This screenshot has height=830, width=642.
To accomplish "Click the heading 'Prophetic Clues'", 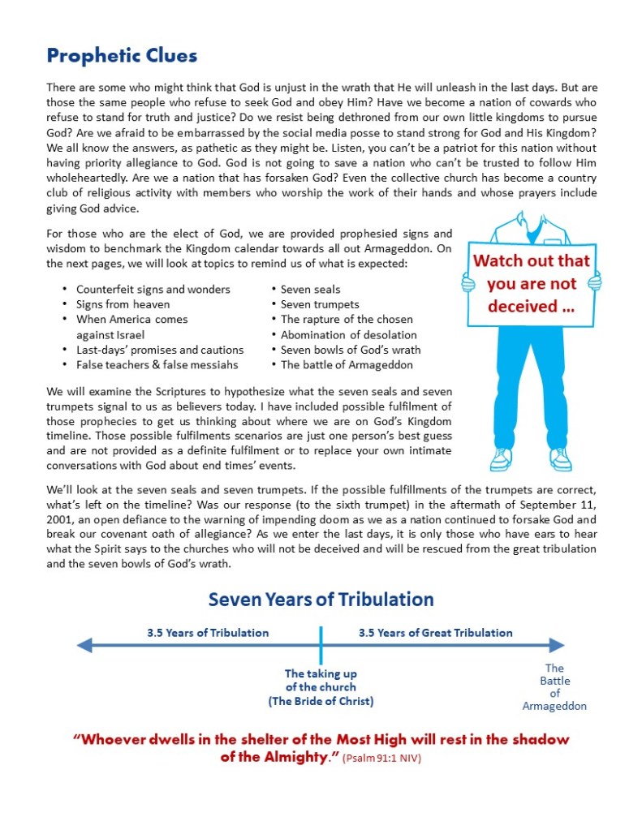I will coord(122,56).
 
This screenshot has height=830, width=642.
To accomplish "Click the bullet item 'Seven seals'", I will coord(310,290).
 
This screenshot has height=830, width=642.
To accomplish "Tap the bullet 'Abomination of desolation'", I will coord(348,334).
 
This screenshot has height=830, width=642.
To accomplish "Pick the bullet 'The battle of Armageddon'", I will coord(347,364).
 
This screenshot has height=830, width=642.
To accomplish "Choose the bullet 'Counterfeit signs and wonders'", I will coord(153,290).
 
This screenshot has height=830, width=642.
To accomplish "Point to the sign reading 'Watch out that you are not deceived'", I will coord(532,284).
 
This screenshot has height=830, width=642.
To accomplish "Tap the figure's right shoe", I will coord(560,459).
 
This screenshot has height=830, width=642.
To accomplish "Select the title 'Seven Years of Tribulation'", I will coord(321,600).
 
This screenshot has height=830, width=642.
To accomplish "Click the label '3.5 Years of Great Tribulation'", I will coord(436,633).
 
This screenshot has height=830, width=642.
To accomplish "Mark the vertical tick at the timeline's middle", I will coord(321,646).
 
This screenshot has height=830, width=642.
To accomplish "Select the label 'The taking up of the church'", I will coord(321,686).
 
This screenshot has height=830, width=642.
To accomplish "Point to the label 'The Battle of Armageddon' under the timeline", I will coord(554,687).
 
